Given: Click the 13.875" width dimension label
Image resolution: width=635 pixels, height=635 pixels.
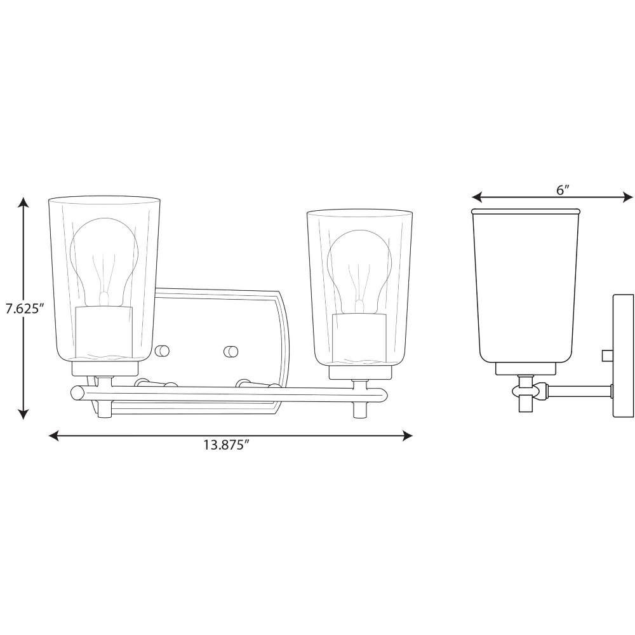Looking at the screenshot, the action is (x=225, y=444).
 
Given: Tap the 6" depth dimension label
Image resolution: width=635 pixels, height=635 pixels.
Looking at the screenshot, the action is (x=563, y=189).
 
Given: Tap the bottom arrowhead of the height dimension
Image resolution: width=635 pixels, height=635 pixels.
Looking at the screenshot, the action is (x=24, y=413).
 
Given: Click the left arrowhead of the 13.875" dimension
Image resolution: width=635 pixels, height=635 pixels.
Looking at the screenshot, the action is (x=54, y=436).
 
